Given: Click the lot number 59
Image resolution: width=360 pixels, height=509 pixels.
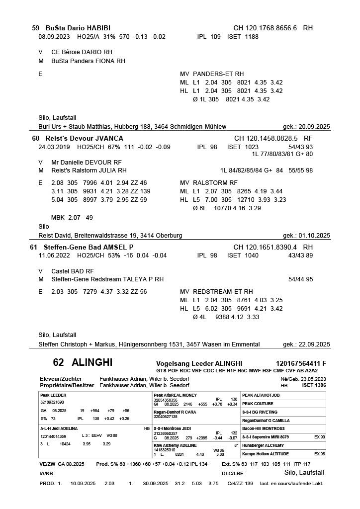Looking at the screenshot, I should point(35,28).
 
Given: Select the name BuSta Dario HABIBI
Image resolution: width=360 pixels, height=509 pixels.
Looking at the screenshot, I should point(78,28).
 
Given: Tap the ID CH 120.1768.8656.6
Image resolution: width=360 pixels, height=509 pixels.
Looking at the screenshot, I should point(265,28).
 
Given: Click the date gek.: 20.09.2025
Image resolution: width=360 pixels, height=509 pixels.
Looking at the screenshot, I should point(306,127).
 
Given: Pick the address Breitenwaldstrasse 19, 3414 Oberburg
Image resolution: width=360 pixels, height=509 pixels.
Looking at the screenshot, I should point(129,235).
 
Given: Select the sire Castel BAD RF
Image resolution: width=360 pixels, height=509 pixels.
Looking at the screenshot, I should point(73,271).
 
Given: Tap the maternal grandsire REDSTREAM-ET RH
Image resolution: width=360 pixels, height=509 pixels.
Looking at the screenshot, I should point(223,292).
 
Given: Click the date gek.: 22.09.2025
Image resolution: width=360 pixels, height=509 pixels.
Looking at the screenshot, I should point(306,344).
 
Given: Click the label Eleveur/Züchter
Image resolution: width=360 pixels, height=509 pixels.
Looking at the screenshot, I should point(61,379).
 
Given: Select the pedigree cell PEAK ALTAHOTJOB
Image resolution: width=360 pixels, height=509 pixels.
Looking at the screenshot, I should point(261,396).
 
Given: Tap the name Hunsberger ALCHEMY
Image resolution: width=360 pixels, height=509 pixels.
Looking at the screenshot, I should point(264,445).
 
